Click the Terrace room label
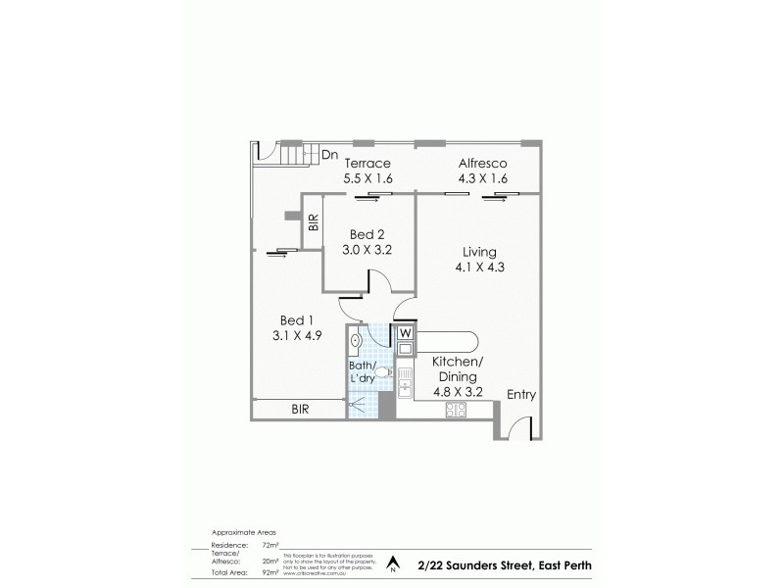367,163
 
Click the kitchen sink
404,375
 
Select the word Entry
520,395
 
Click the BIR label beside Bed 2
313,222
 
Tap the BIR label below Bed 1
299,410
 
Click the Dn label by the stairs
329,154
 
